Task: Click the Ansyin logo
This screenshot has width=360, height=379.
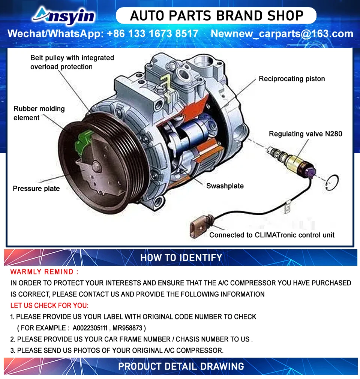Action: click(x=64, y=16)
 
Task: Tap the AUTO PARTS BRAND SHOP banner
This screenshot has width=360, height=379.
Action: click(x=216, y=16)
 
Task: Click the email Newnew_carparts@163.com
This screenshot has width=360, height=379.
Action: click(x=282, y=34)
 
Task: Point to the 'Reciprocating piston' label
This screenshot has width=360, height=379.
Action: click(x=292, y=79)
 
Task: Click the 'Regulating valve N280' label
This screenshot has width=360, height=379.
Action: click(x=305, y=134)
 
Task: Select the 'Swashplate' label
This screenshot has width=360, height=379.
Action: click(x=225, y=186)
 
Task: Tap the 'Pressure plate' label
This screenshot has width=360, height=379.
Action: click(x=36, y=189)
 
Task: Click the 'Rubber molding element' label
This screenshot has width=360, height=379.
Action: click(x=39, y=113)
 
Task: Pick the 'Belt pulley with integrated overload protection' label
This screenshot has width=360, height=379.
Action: click(x=72, y=62)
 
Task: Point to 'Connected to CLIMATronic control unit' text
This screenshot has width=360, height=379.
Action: click(x=271, y=235)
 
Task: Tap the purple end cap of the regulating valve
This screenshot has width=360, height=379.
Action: click(x=310, y=171)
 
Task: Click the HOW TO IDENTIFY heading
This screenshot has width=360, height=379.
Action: click(x=181, y=258)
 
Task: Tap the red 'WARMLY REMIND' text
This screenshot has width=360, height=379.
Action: click(x=44, y=272)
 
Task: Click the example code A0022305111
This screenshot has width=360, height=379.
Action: click(x=90, y=328)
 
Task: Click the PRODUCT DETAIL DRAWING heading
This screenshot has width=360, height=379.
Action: click(x=181, y=366)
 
